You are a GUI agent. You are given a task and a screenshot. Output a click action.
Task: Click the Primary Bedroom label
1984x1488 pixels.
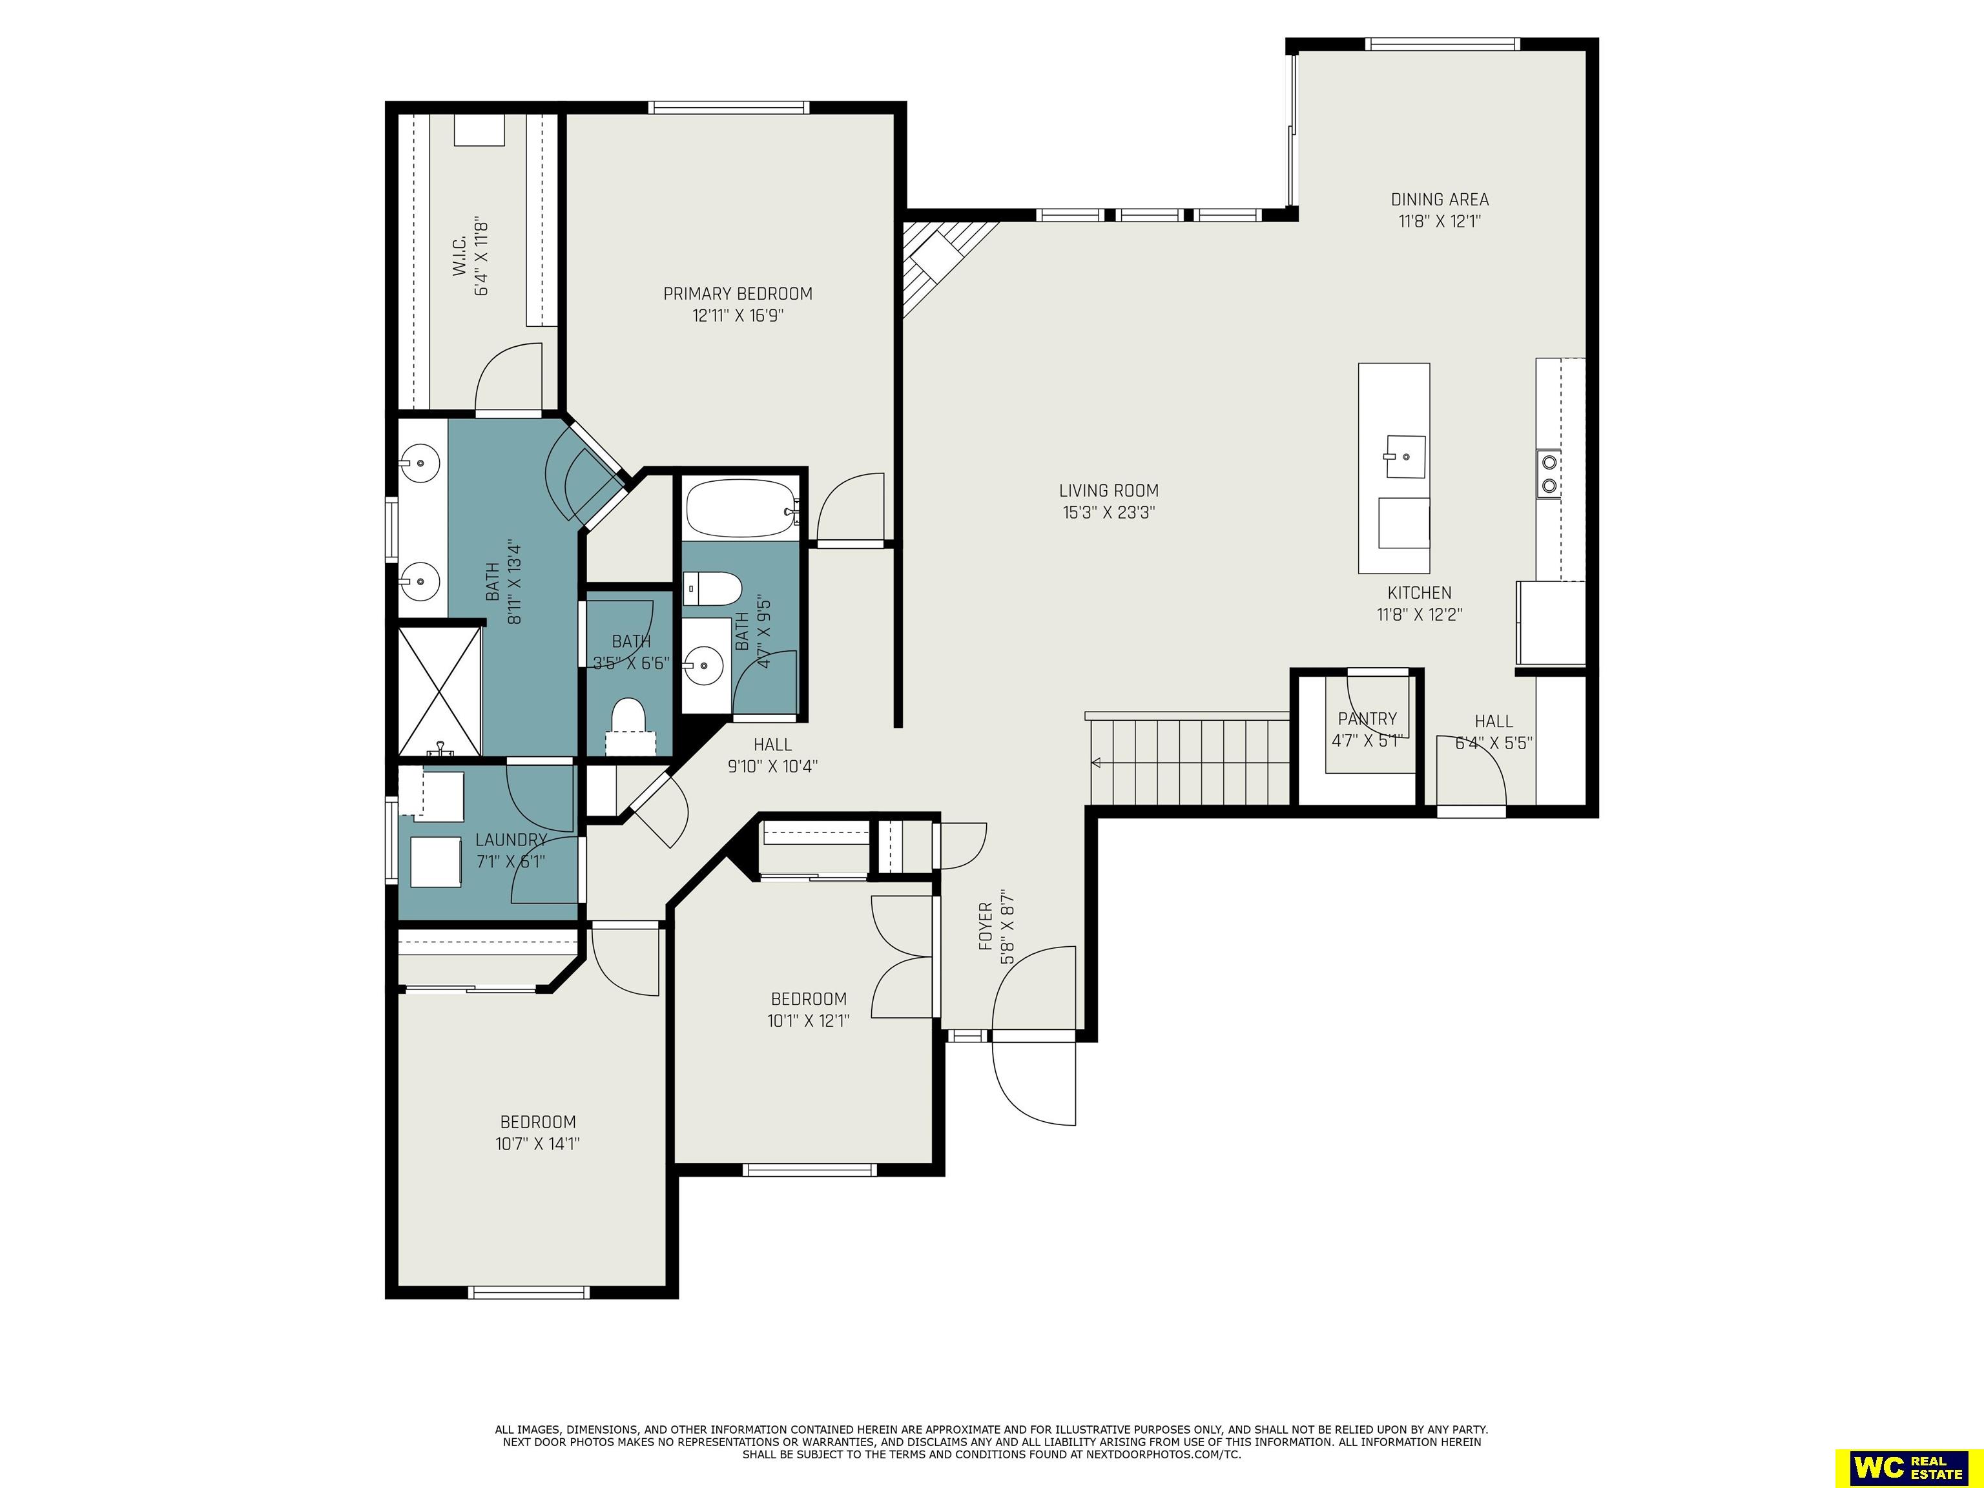point(738,293)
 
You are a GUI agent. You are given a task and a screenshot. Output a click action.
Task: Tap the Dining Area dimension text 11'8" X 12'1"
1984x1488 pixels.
point(1440,222)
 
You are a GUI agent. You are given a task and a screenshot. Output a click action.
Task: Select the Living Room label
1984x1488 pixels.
point(1109,491)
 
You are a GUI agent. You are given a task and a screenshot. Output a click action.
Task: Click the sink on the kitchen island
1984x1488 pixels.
point(1405,457)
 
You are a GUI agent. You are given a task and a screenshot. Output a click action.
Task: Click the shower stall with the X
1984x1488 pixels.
point(440,692)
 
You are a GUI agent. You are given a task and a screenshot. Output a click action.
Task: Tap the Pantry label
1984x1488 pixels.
point(1367,718)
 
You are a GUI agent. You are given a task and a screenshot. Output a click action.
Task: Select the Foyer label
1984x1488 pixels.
point(986,927)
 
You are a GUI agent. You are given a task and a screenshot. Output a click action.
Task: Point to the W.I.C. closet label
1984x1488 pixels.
point(459,256)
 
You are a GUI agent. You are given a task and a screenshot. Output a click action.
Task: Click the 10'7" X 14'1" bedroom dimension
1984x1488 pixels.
point(537,1144)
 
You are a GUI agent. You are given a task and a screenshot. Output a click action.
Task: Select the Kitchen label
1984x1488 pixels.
point(1419,593)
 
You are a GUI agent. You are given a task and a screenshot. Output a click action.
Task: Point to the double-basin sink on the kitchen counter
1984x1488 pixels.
point(1548,475)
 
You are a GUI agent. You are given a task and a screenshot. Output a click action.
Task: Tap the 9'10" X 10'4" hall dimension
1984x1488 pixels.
point(772,767)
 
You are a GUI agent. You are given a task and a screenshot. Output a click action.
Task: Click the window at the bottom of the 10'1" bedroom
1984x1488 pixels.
point(810,1170)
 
